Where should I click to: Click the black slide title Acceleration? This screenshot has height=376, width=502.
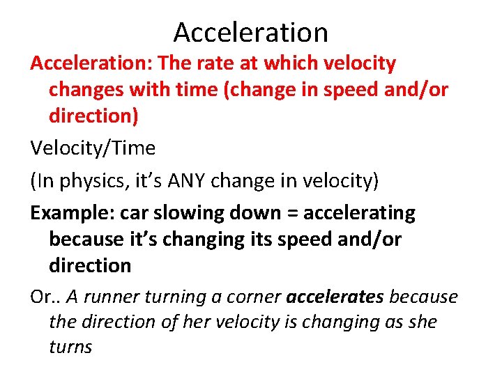(251, 32)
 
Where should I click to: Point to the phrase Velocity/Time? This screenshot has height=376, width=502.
(93, 148)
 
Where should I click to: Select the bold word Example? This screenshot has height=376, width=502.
(73, 213)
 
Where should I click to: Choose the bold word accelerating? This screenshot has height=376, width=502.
(360, 213)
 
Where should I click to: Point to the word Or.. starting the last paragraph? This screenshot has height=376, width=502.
(45, 297)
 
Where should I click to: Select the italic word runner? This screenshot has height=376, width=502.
(114, 297)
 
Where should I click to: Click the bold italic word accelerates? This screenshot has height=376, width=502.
(335, 297)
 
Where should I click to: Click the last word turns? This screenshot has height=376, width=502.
(70, 347)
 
